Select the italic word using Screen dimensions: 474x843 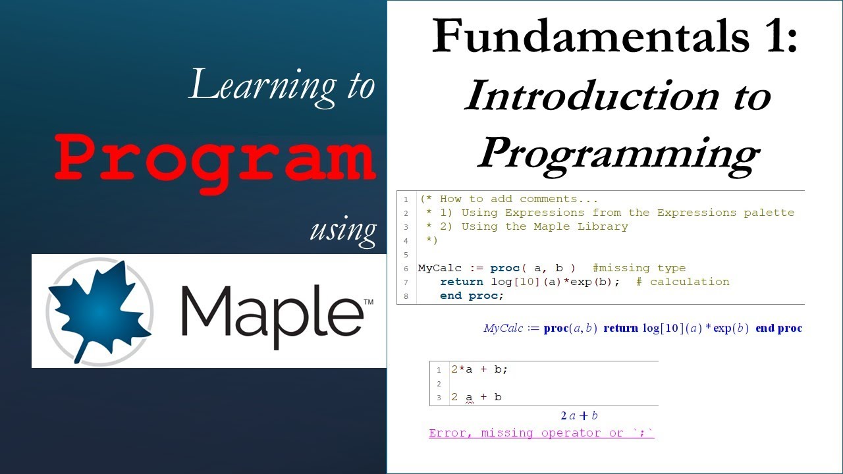[343, 229]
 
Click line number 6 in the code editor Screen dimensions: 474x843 [406, 269]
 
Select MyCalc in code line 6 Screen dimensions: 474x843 [440, 268]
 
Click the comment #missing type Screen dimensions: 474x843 [638, 268]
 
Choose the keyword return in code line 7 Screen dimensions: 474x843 [462, 282]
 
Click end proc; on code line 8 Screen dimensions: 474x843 [472, 296]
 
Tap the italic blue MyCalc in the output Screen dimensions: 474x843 [503, 329]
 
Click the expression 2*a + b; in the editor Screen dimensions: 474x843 [479, 369]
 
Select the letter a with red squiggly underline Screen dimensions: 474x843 [469, 397]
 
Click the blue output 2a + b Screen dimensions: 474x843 [579, 415]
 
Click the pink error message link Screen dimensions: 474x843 [541, 433]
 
